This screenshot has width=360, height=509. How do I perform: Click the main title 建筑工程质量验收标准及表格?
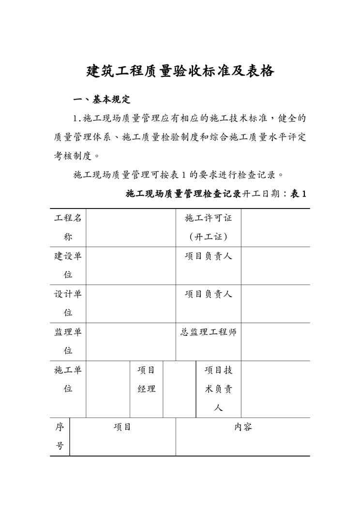[180, 71]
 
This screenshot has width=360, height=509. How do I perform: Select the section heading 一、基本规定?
[102, 100]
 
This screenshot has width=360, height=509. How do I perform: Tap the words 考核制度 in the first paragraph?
[73, 156]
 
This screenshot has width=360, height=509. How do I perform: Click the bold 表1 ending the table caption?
[298, 194]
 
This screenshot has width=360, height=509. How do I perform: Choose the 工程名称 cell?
[68, 227]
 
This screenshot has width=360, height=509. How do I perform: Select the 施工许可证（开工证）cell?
[209, 227]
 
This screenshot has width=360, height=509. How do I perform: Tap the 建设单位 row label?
[68, 265]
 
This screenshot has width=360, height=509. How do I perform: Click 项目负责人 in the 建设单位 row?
[209, 256]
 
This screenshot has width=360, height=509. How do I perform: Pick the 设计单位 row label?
[68, 303]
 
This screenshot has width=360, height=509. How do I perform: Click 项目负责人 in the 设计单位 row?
[209, 294]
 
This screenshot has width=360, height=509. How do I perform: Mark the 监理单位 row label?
[68, 341]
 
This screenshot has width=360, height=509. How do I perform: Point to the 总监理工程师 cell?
[209, 332]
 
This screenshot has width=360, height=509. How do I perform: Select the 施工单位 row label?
[68, 379]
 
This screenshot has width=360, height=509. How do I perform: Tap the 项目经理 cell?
[146, 379]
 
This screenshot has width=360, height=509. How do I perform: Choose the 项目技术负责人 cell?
[218, 389]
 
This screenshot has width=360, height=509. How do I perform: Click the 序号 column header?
[60, 436]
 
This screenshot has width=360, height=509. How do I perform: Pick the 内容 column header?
[243, 427]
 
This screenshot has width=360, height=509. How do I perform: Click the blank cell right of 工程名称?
[131, 227]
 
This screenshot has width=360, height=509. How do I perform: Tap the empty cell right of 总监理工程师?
[275, 341]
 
